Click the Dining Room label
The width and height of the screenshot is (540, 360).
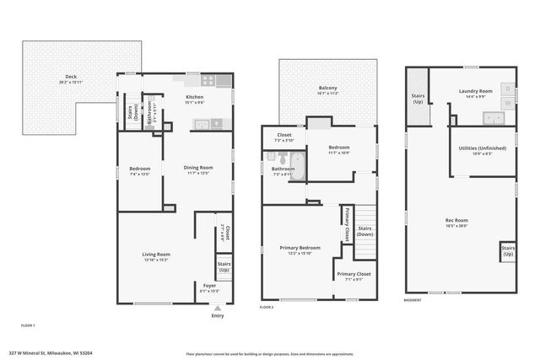tap(199, 167)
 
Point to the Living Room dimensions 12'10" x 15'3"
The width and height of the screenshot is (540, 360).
tap(157, 260)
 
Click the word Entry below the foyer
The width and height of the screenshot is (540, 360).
tap(218, 315)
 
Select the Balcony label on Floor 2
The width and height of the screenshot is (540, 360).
tap(328, 88)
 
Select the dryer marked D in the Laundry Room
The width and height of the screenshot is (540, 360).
tap(508, 88)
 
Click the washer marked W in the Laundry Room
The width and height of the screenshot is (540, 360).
tap(508, 103)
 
